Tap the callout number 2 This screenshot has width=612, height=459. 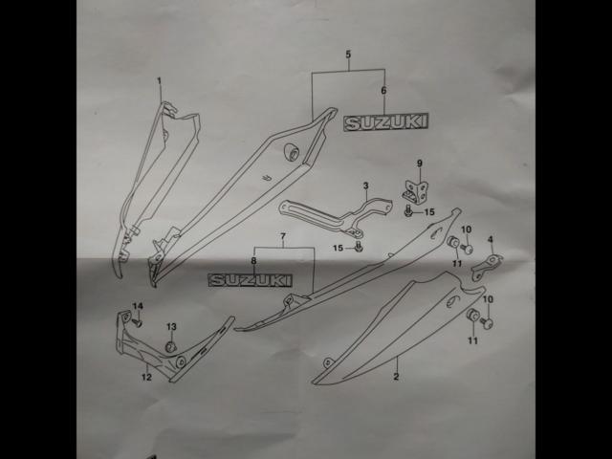click(x=396, y=376)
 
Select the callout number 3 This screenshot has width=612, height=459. click(x=365, y=185)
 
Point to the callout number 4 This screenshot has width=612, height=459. click(x=491, y=239)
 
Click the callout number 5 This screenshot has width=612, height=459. click(x=348, y=55)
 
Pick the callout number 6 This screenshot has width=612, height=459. click(x=383, y=91)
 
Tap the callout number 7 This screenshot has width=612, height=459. click(x=283, y=235)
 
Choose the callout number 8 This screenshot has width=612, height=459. click(x=253, y=260)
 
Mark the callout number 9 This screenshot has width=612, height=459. click(x=418, y=164)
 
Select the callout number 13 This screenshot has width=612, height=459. click(x=172, y=327)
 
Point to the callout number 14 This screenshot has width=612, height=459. click(x=137, y=306)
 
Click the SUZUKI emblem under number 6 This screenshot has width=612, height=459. click(x=386, y=122)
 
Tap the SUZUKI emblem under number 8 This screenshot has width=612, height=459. click(x=251, y=280)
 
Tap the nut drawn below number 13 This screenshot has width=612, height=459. click(x=171, y=345)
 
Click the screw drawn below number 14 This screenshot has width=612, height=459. click(x=138, y=322)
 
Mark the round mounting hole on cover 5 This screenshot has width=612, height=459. click(x=293, y=153)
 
